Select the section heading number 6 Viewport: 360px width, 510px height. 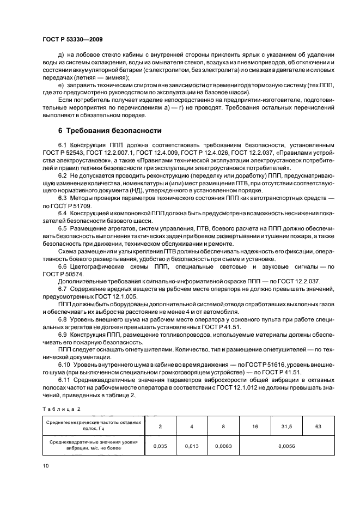(x=60, y=130)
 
